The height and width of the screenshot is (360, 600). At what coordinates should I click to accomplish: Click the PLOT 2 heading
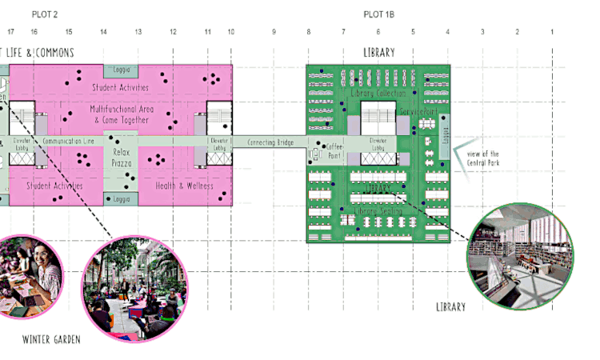point(45,14)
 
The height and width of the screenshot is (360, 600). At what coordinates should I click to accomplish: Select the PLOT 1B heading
point(378,14)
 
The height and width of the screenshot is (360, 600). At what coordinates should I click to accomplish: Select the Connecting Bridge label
point(269,142)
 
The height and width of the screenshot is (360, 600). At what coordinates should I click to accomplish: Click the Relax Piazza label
point(121,157)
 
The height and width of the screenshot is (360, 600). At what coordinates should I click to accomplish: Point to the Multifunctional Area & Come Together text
point(121,113)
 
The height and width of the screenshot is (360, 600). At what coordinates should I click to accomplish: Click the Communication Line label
point(68,142)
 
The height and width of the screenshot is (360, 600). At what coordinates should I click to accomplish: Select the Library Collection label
point(378,94)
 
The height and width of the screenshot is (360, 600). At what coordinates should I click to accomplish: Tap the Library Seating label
point(378,210)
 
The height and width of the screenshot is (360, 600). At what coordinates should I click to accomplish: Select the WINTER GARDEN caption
point(52,339)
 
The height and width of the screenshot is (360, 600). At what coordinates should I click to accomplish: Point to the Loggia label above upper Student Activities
point(121,70)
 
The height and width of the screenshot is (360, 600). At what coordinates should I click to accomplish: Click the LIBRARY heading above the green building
point(378,53)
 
